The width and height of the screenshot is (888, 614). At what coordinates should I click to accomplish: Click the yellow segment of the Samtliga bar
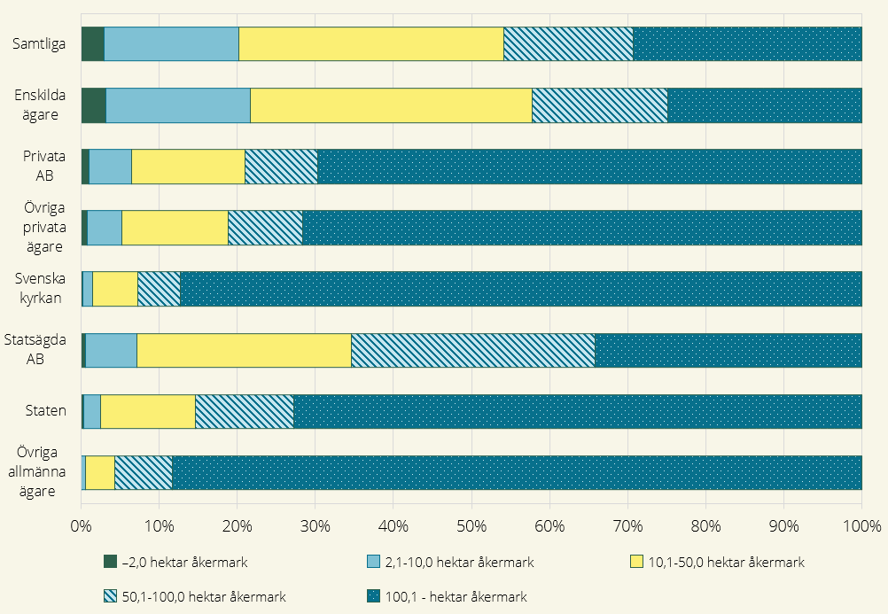371,43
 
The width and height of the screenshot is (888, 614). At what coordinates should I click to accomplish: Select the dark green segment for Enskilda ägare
93,105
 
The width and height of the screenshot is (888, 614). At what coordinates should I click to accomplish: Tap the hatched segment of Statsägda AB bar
473,350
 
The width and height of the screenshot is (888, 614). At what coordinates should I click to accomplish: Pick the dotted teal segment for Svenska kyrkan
521,289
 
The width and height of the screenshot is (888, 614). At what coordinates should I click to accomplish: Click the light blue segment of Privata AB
111,167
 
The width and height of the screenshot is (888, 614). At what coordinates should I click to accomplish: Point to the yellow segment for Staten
148,411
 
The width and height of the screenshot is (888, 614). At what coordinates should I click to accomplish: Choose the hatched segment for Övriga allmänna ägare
144,472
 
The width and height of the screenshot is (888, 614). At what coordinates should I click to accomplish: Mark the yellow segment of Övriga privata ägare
175,228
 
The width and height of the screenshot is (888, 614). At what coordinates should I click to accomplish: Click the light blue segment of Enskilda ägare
178,105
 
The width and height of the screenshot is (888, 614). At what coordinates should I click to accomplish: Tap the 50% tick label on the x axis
471,526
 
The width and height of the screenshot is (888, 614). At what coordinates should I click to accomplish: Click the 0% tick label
81,526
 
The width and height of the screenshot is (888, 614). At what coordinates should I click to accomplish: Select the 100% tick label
862,526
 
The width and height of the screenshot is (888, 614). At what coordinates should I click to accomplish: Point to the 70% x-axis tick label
627,526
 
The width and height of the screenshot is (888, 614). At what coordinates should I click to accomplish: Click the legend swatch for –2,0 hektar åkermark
110,562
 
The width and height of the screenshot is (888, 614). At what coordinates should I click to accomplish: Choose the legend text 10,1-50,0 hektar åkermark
726,563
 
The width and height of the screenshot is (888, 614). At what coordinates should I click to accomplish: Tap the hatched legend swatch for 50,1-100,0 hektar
110,596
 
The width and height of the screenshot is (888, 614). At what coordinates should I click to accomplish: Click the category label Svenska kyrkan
40,288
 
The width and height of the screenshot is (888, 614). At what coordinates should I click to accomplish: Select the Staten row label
45,410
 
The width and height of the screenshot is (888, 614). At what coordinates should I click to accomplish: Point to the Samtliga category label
39,44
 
